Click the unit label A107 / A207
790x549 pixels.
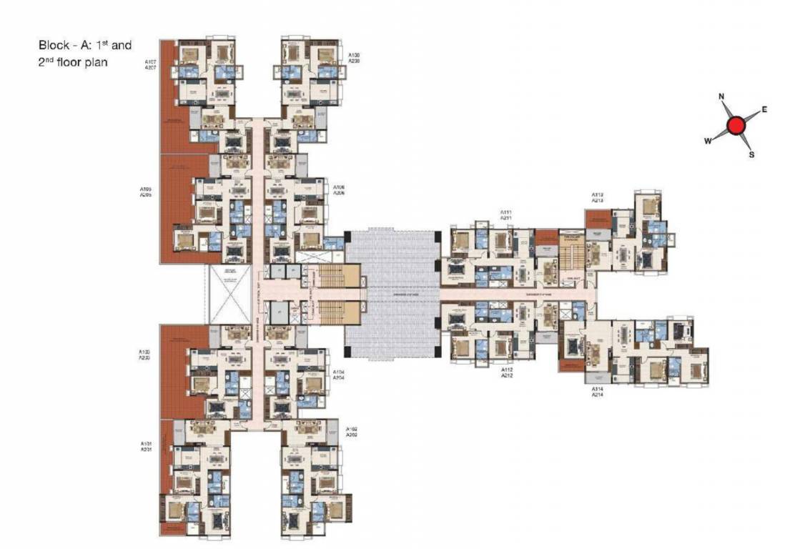(150, 64)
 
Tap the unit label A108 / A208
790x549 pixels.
(354, 58)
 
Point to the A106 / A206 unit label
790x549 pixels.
(340, 190)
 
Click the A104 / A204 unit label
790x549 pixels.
(340, 376)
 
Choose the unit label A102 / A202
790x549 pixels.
(352, 432)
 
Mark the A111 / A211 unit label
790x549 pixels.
(506, 215)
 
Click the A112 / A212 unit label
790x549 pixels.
(507, 372)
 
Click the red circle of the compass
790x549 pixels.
(736, 127)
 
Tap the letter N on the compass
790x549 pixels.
(722, 97)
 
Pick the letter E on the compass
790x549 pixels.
(764, 109)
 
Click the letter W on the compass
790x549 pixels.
(708, 142)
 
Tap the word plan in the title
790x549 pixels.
(96, 63)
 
